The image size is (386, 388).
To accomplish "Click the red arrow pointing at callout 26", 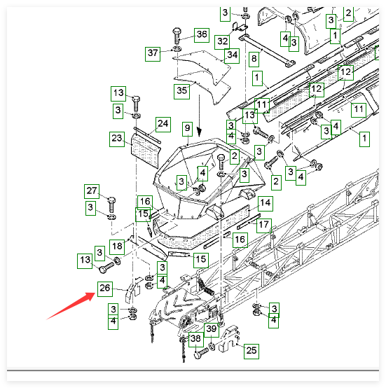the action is tap(71, 306).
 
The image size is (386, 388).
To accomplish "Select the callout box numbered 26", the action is tap(105, 289).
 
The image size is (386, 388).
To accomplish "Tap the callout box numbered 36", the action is tap(202, 35).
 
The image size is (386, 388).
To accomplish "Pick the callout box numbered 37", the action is tap(153, 54).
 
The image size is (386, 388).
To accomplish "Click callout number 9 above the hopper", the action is tap(187, 129).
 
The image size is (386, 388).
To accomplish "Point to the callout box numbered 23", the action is tap(117, 139).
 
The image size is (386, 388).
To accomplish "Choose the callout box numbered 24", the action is tap(163, 125).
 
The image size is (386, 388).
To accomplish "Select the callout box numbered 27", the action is tap(92, 191).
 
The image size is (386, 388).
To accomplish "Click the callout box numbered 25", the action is tap(251, 351).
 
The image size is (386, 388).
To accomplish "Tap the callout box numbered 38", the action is tap(196, 340).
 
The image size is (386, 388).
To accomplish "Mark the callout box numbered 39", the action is tap(212, 330).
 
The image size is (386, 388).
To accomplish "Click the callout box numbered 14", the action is tap(266, 204).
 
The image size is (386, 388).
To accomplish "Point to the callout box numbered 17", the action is tap(264, 226).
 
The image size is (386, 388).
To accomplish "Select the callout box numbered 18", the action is tap(117, 247).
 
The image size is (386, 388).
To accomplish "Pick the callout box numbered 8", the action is tap(254, 60).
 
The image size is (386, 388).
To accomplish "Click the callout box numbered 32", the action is tap(222, 42).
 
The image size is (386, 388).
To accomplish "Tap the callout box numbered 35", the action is tap(182, 92).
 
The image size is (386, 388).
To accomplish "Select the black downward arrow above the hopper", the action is tap(199, 116).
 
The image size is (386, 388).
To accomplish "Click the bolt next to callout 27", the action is tap(111, 205).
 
